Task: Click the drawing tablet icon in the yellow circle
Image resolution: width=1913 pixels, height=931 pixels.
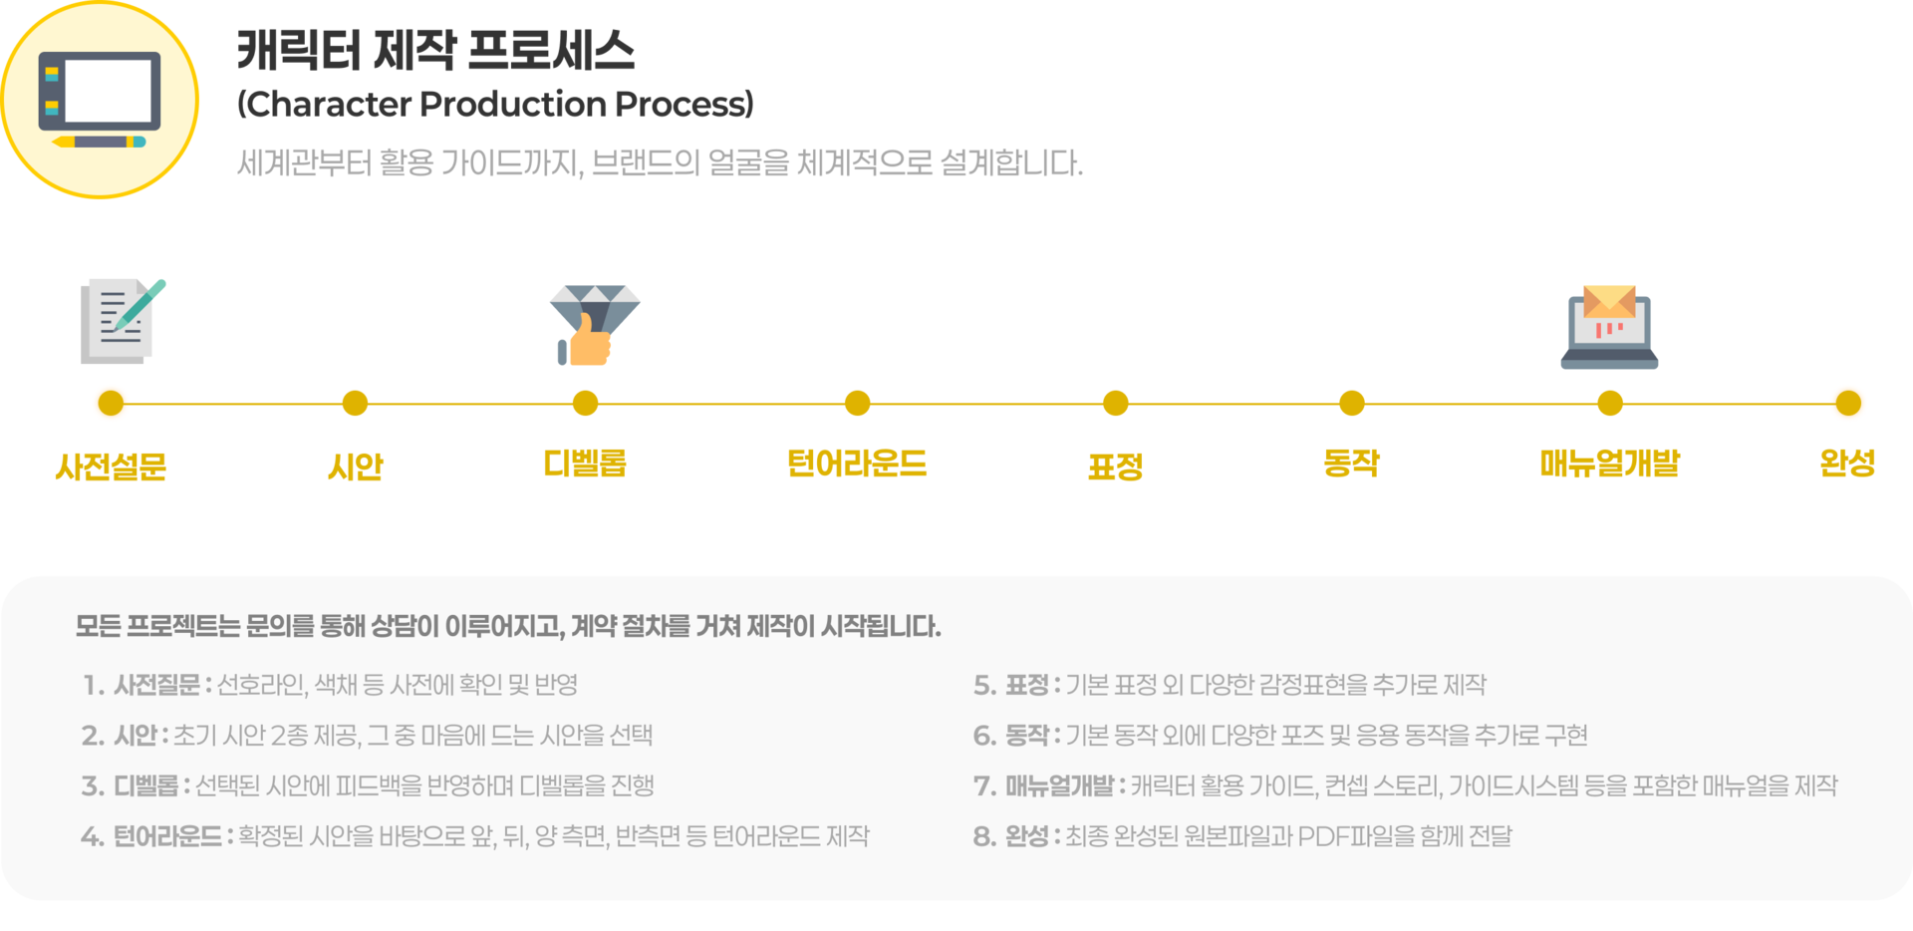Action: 99,100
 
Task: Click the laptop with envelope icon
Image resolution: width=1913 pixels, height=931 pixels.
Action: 1609,327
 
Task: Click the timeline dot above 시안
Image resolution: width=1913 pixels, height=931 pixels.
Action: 355,404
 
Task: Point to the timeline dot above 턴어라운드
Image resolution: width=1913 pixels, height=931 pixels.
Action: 857,404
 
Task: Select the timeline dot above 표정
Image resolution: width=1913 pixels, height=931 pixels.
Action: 1116,404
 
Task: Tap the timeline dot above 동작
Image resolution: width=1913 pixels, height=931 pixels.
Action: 1351,404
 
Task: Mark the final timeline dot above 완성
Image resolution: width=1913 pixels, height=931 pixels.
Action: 1847,404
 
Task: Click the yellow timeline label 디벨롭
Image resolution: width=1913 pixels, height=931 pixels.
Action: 585,464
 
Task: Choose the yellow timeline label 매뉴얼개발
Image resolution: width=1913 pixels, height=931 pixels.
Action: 1609,464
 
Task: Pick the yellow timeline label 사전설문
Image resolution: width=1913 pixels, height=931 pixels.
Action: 111,465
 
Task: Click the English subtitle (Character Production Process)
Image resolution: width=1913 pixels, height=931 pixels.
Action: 495,104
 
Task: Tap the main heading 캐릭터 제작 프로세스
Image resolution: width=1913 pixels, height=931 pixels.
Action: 436,50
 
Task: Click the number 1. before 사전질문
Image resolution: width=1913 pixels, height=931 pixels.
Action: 94,686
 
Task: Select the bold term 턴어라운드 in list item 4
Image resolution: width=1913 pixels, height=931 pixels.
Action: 167,836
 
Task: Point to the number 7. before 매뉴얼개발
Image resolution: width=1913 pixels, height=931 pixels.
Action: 984,786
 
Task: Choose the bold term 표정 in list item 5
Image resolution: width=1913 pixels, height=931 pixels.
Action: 1026,686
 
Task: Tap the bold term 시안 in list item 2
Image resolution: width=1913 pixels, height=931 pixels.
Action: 136,736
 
